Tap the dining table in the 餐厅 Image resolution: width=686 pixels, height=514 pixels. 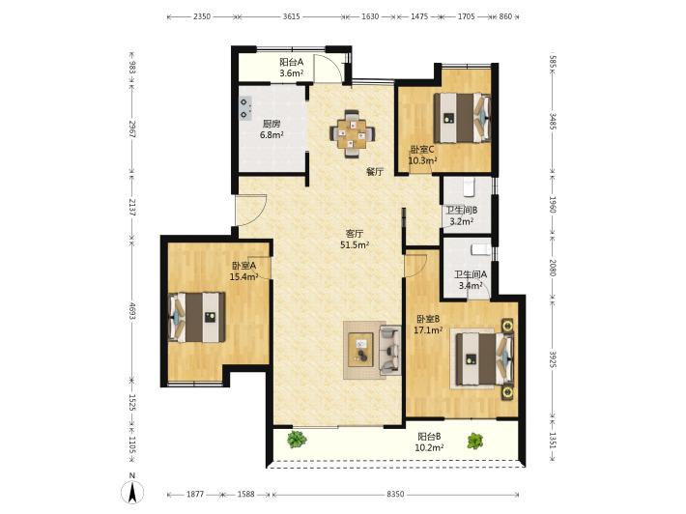353,133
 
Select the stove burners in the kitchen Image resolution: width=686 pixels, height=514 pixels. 245,108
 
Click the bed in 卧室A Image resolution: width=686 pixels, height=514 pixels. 196,317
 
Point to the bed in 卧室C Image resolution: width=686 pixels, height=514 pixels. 462,118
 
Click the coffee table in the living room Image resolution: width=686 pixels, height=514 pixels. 361,350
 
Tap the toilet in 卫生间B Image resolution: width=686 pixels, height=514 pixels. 469,186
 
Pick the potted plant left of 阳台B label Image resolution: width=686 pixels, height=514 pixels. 297,440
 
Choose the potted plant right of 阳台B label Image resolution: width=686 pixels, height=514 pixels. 475,441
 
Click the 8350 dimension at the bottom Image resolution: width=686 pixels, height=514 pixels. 395,495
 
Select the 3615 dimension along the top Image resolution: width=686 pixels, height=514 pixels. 292,16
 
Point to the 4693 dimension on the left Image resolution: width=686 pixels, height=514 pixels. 132,309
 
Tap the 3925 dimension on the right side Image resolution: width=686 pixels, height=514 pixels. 553,359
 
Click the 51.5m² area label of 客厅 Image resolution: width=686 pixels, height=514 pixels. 355,245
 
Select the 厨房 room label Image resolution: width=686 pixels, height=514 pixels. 272,124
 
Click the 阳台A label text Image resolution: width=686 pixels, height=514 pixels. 292,62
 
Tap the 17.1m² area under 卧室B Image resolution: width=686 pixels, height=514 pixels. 428,329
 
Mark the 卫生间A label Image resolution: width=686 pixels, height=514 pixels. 471,274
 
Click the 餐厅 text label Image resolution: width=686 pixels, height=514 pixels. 375,172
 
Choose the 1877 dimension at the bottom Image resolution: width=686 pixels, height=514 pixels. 195,495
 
